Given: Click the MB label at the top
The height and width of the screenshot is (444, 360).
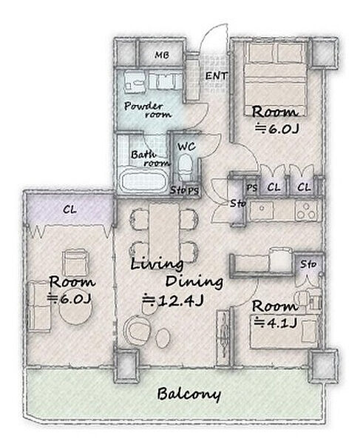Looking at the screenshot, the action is coord(162,55).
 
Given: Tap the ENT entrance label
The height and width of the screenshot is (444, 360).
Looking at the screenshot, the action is coord(216,75).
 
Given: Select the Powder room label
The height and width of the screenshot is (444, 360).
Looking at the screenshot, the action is coord(148,110).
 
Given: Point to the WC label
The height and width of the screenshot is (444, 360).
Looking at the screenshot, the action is coord(186,147).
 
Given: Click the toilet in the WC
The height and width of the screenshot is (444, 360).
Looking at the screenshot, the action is coord(186,166).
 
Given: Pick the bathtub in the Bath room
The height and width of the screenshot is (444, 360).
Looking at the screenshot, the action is coord(143,181).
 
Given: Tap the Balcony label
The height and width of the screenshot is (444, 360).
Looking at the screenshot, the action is coord(189,394).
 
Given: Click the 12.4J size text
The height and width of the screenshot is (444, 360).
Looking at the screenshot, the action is coord(173,300).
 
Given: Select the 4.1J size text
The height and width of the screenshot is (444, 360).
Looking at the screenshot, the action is coord(276,322).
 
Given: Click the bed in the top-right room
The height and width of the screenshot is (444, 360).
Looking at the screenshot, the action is coord(275,78).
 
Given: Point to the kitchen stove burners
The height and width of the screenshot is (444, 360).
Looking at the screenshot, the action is coord(306,211).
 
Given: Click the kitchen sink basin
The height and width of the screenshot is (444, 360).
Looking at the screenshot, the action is coord(262,210).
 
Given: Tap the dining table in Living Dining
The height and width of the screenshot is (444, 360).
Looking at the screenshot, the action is coord(164,232).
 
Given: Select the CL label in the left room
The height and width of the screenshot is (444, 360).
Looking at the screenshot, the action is coord(69,209).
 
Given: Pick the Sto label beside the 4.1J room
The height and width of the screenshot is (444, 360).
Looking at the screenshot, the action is coord(308,264).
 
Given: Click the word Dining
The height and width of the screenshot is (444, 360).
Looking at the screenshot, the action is coord(194,282).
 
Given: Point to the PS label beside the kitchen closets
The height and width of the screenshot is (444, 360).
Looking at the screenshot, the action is coord(251,187).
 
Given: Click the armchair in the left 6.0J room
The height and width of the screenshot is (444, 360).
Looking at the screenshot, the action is coord(75,262).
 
